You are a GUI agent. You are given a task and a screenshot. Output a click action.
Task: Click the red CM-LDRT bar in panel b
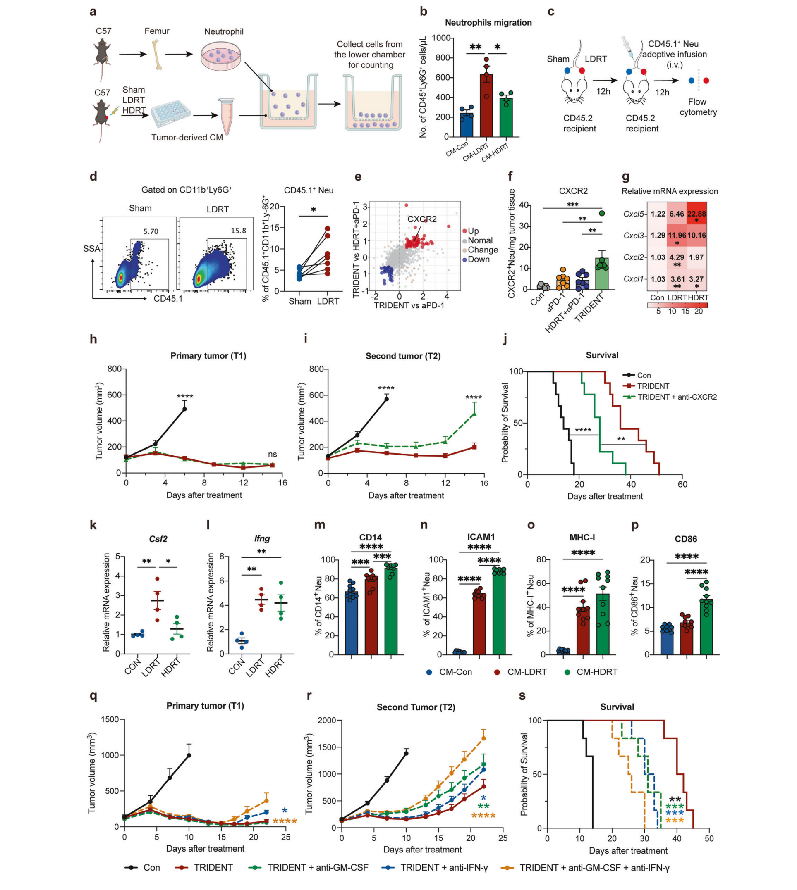(x=486, y=105)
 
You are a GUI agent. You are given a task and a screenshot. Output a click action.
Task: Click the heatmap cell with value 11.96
(x=677, y=236)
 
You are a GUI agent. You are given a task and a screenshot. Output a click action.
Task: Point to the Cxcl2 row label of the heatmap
(x=634, y=257)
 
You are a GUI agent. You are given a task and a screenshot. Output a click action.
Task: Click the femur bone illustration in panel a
(x=157, y=55)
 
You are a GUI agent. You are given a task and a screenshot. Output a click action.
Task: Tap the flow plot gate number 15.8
(x=238, y=231)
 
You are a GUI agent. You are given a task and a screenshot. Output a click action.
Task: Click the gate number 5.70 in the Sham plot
(x=151, y=231)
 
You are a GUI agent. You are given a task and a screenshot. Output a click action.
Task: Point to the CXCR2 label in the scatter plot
(x=422, y=219)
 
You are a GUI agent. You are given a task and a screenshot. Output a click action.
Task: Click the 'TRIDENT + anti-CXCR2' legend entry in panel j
(x=677, y=397)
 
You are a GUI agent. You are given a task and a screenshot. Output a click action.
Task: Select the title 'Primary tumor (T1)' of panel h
(x=208, y=356)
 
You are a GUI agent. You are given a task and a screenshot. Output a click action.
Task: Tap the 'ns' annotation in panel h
(x=273, y=454)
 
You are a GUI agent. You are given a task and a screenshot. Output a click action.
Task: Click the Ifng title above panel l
(x=262, y=538)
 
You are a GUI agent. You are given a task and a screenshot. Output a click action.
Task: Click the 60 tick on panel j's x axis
(x=682, y=484)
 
